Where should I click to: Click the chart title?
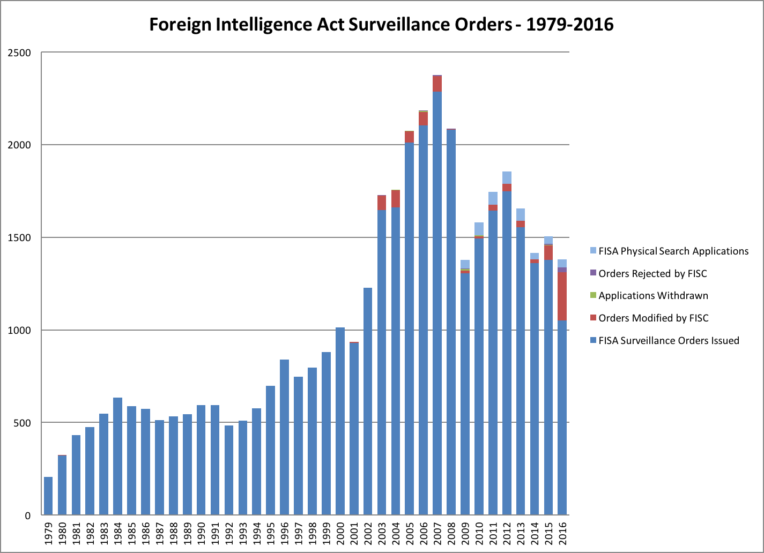(x=381, y=24)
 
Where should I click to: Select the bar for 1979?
(x=48, y=496)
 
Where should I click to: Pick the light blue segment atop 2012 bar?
(x=507, y=177)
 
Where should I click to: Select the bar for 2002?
(x=368, y=401)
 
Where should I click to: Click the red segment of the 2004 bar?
(x=396, y=199)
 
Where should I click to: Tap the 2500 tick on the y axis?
(x=21, y=53)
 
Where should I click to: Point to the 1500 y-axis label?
(x=21, y=237)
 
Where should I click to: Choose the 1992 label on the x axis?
(x=229, y=534)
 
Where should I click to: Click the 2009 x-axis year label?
(x=465, y=534)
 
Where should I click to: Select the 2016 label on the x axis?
(x=562, y=534)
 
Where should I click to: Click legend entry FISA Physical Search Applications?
(x=673, y=251)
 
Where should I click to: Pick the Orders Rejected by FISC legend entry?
(x=652, y=273)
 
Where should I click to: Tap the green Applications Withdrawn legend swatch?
(x=593, y=295)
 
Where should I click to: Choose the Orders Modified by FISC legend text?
(x=654, y=318)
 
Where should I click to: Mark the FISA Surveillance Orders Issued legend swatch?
(x=593, y=340)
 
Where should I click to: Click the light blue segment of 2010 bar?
(x=479, y=229)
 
